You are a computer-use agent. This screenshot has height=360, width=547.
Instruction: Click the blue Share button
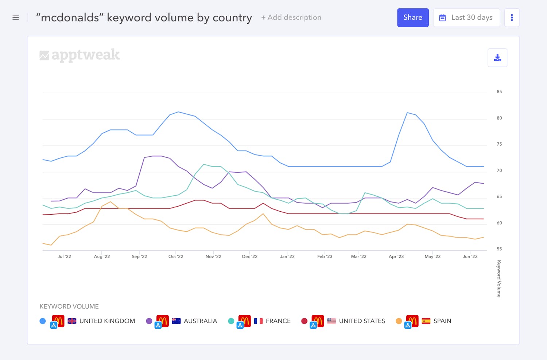pos(413,17)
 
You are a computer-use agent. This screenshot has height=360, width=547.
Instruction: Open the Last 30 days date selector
pos(466,17)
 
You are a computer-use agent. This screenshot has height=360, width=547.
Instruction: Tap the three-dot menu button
pos(512,17)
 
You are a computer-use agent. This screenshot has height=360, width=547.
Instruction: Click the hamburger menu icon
pos(16,17)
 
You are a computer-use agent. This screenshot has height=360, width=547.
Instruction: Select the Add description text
pos(291,17)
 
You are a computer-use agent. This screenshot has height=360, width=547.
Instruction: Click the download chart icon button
pos(497,58)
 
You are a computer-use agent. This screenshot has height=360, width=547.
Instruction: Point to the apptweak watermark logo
pos(79,55)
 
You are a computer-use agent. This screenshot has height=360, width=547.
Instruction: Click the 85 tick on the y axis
pos(499,92)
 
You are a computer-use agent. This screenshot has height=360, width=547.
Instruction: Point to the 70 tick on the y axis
pos(499,171)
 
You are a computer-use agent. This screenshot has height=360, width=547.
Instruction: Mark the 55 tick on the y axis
pos(499,249)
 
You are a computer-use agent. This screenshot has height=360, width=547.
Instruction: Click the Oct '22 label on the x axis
pos(176,257)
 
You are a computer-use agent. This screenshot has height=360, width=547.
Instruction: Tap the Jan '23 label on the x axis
pos(287,257)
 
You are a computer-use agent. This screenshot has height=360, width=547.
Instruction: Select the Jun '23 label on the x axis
pos(470,257)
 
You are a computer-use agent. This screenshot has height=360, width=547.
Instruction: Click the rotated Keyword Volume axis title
pos(499,279)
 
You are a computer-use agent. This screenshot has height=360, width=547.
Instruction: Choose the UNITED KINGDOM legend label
pos(107,321)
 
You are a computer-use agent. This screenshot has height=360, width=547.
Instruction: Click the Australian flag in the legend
pos(176,321)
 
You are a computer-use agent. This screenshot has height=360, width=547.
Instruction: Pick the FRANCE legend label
pos(278,321)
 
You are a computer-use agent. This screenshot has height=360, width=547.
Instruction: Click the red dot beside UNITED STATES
pos(304,321)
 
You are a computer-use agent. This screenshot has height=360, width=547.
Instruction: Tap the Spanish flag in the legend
pos(426,321)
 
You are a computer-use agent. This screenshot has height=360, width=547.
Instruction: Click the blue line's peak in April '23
pos(407,113)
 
